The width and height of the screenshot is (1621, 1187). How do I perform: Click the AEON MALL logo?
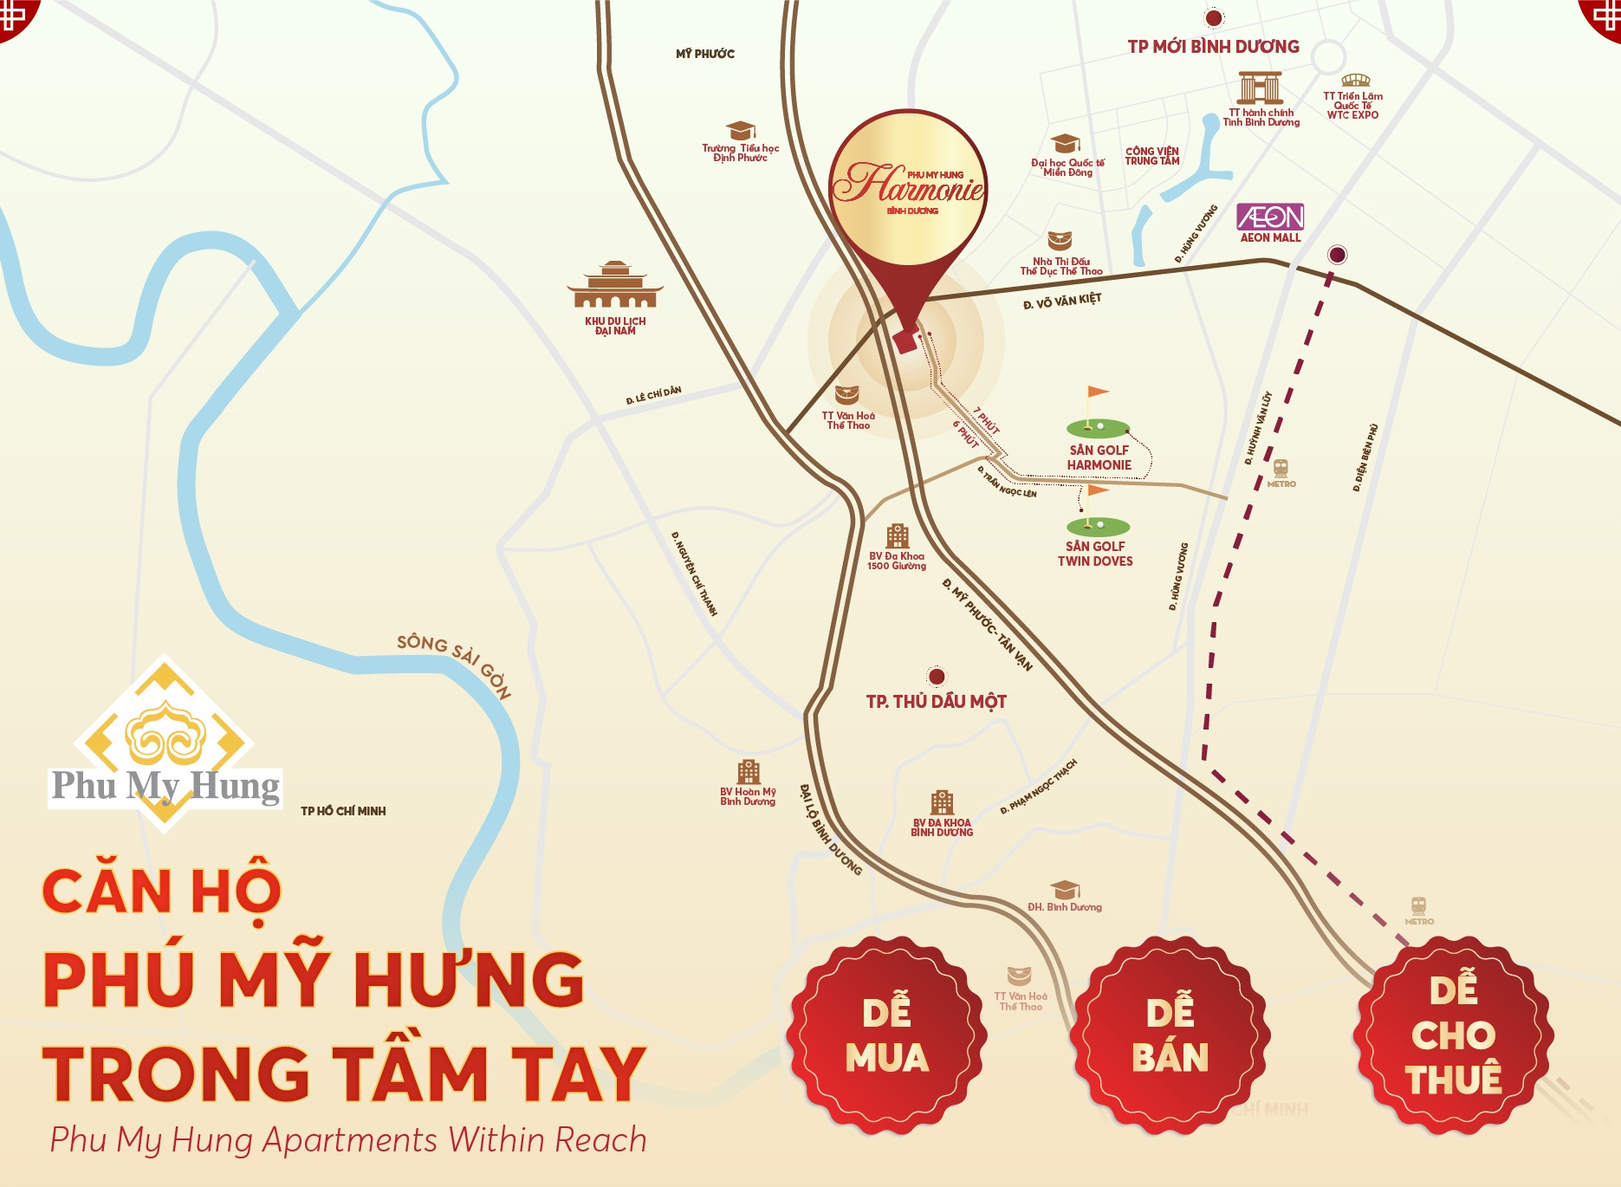pos(1270,217)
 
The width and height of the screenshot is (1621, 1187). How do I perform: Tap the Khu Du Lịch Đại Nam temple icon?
pos(615,285)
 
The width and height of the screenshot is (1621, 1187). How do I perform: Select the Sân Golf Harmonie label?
pos(1099,457)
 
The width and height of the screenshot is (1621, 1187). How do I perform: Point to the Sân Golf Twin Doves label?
pos(1095,554)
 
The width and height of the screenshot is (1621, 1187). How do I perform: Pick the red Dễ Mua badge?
pos(886,1035)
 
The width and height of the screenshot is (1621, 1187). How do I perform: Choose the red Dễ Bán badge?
pos(1170,1035)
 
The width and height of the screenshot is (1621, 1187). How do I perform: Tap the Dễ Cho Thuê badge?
pos(1454,1035)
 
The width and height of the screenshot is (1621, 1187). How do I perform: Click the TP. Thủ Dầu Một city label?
pos(936,702)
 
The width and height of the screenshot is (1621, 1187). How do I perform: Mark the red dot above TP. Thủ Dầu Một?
pos(937,676)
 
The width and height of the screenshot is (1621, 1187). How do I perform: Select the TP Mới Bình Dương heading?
pos(1213,47)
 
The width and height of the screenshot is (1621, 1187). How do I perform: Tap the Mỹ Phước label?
pos(705,54)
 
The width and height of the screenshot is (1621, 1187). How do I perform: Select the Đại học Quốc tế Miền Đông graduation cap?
pos(1065,144)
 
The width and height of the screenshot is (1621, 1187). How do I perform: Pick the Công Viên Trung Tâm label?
pos(1152,156)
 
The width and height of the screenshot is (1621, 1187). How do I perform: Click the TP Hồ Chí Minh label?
pos(343,811)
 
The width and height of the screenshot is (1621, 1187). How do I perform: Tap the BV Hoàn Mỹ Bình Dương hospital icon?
pos(749,772)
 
